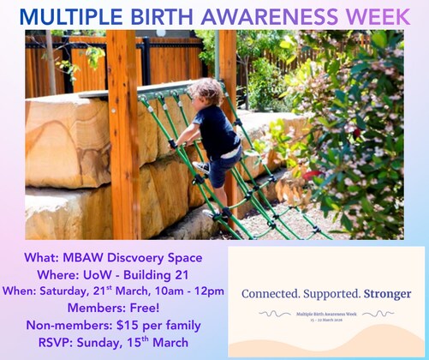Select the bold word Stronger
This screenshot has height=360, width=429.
tap(387, 294)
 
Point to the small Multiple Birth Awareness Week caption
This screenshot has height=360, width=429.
tap(327, 315)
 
